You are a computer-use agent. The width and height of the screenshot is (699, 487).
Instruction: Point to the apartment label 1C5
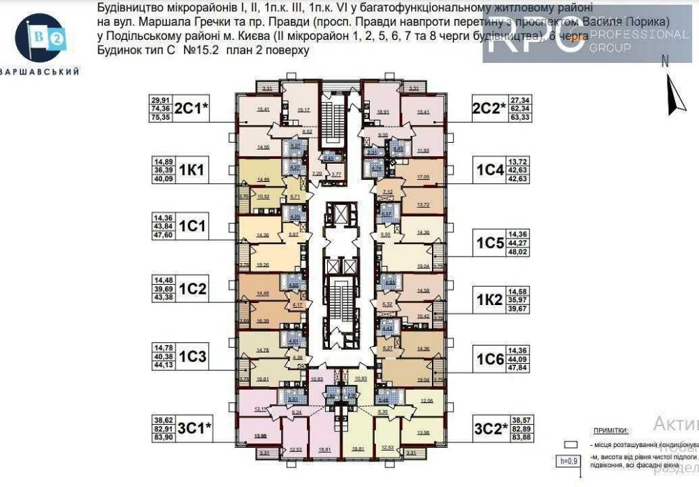[x=490, y=243]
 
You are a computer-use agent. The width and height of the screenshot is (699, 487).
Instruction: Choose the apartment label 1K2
[x=490, y=299]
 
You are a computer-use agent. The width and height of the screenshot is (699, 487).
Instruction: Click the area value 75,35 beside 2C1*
[x=161, y=118]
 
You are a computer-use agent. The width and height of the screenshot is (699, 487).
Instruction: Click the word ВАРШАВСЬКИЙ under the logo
[x=40, y=71]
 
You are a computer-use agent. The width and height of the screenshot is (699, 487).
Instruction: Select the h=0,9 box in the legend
[x=570, y=461]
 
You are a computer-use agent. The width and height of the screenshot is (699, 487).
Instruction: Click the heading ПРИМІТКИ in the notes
[x=610, y=432]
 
